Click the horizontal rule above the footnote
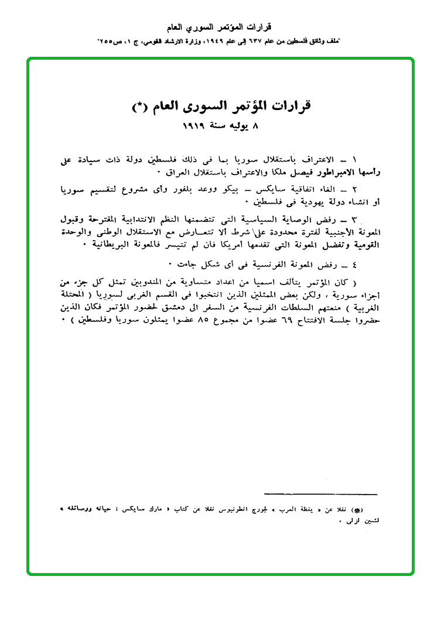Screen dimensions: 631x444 (x=321, y=495)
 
